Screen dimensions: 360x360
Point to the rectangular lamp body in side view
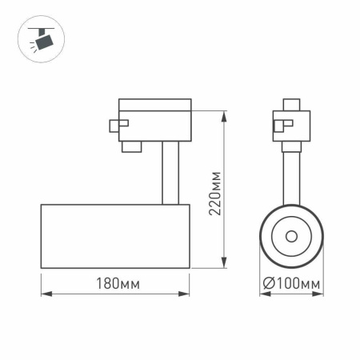[x=114, y=236]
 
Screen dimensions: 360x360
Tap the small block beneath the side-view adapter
[x=130, y=146]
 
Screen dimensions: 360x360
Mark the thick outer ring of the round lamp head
[x=264, y=236]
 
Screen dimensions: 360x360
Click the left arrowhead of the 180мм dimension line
[x=44, y=294]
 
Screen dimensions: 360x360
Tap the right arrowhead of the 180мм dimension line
[x=186, y=294]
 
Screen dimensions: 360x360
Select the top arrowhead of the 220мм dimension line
[x=219, y=102]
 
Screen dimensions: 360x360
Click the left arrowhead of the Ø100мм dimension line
[x=262, y=294]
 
